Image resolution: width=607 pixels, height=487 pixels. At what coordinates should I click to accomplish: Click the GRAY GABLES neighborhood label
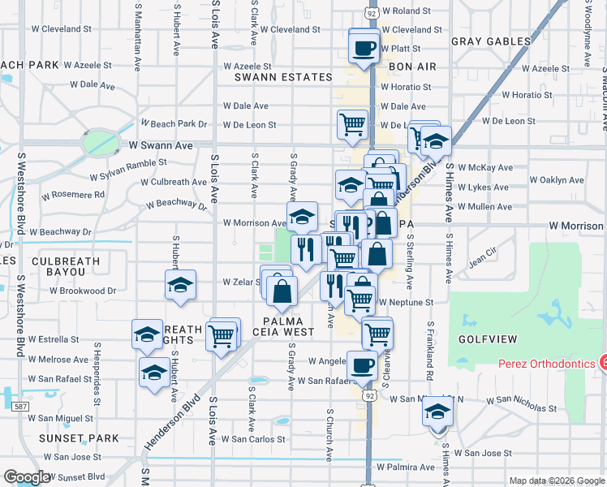(490, 41)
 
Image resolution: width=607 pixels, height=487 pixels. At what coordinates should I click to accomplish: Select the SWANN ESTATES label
(283, 78)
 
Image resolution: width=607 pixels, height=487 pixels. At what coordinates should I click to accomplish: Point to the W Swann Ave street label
(161, 145)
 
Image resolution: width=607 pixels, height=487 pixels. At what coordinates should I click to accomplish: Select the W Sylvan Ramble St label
(128, 170)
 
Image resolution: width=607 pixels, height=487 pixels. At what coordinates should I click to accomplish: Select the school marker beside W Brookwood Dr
(180, 285)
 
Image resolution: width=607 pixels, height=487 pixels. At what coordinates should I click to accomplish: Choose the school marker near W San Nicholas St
(437, 412)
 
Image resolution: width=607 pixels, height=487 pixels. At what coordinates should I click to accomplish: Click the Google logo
(28, 477)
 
